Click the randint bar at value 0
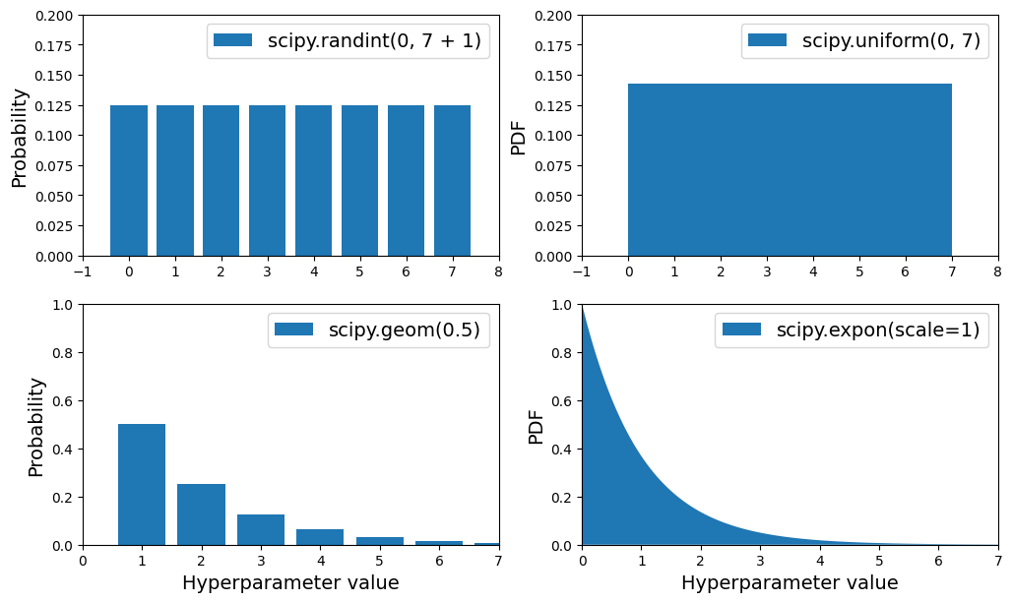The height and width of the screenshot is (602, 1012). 129,180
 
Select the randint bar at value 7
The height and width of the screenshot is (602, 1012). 453,180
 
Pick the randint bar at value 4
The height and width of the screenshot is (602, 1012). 314,180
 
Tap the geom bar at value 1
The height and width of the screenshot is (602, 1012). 142,484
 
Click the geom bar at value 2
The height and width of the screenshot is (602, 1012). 201,514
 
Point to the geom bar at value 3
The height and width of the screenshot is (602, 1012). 261,530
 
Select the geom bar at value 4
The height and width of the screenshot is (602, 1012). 320,537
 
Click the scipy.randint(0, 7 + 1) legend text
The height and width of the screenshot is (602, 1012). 374,41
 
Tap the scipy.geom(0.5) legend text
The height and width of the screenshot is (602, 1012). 405,330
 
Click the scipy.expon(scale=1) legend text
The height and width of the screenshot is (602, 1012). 878,330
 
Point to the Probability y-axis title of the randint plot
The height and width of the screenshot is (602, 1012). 20,138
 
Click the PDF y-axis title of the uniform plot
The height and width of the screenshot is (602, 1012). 519,138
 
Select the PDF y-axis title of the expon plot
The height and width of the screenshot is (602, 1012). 537,427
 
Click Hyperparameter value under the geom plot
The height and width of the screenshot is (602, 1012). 290,583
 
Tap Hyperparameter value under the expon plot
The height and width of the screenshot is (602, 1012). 790,583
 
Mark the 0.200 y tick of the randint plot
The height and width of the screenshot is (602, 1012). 55,16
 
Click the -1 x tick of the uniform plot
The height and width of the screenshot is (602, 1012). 582,271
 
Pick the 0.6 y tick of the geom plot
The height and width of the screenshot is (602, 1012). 64,401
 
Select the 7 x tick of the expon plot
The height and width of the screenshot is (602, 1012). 997,561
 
